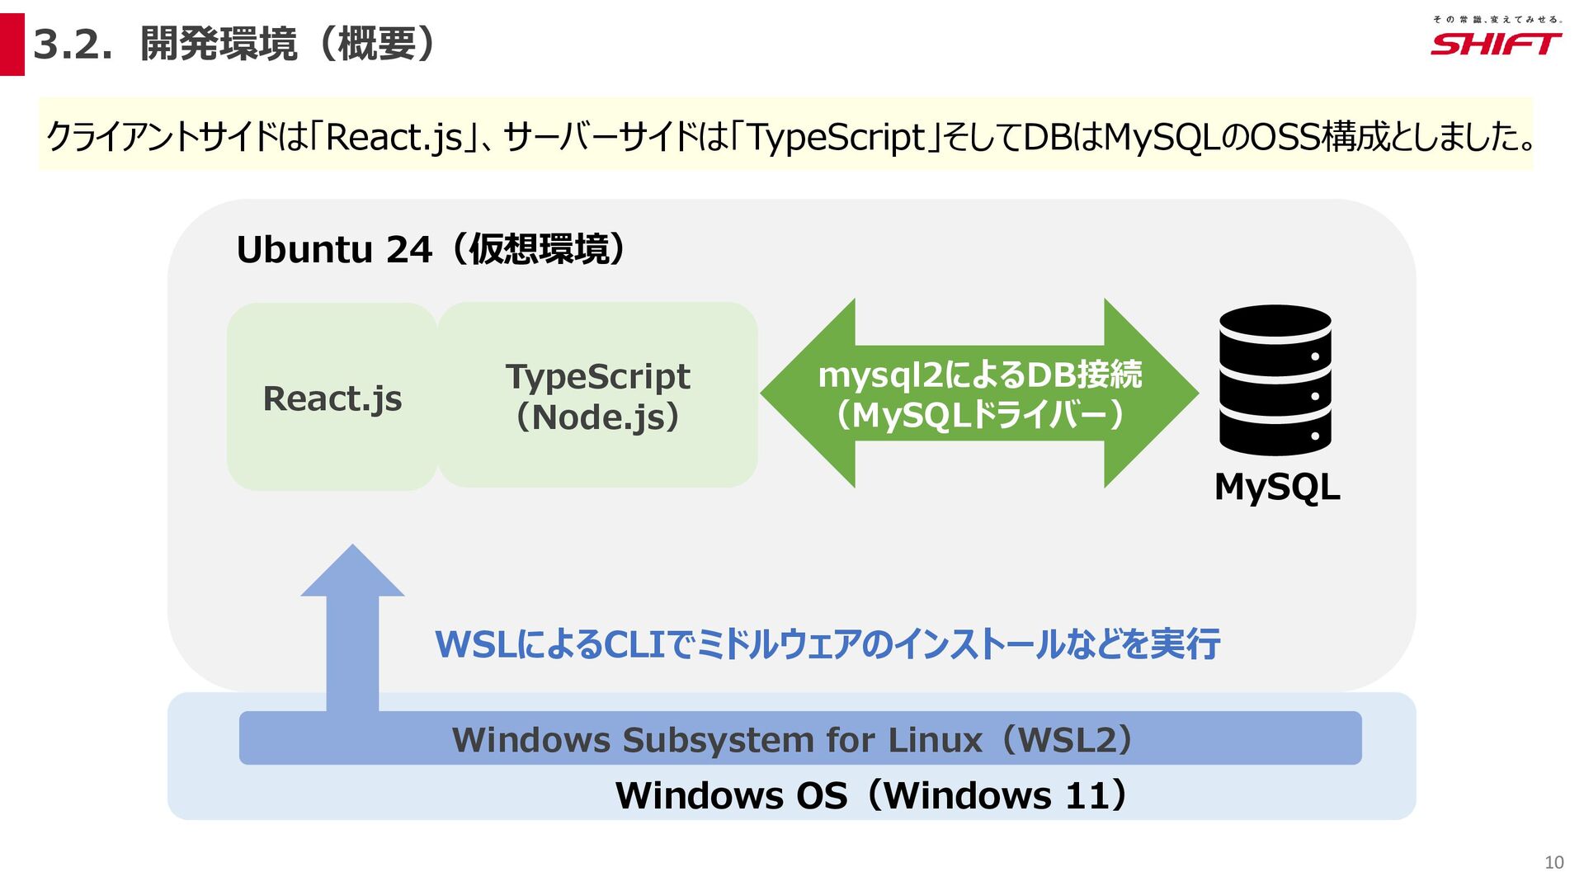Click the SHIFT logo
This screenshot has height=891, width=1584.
coord(1495,44)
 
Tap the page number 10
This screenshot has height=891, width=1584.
coord(1553,862)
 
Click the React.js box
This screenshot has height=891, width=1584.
coord(332,397)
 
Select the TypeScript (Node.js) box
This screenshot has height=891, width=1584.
coord(597,395)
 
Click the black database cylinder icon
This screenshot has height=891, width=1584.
coord(1275,380)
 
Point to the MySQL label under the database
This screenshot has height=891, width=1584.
coord(1276,487)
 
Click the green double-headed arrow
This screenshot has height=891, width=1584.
coord(979,394)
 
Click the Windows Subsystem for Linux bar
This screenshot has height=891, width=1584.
coord(799,738)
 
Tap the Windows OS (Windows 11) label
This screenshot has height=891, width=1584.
coord(871,795)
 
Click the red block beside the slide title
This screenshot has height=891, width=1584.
coord(12,45)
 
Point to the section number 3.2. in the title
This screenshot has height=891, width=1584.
coord(73,45)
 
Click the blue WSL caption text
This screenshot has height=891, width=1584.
coord(827,644)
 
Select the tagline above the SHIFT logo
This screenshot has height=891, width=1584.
coord(1497,19)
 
